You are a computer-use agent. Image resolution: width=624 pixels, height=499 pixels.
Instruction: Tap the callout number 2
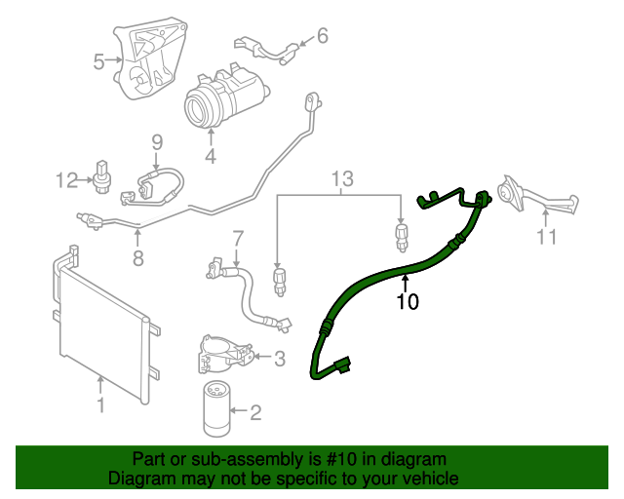coord(256,413)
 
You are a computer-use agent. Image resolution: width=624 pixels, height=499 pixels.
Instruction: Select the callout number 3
coord(279,360)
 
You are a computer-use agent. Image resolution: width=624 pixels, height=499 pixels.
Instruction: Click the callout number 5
coord(99,62)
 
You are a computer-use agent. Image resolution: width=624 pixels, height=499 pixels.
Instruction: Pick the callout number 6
coord(322,36)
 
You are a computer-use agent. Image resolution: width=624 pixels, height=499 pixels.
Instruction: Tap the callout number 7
coord(237,238)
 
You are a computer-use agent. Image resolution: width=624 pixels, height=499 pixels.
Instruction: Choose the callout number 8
coord(137,258)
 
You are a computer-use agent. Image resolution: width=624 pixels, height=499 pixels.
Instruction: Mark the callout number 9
coord(156,144)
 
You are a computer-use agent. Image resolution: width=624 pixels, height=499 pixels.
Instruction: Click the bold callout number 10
coord(408,302)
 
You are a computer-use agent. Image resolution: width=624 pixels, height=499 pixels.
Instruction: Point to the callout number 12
coord(66,179)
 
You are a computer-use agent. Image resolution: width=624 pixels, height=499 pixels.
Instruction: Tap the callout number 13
coord(340,178)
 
